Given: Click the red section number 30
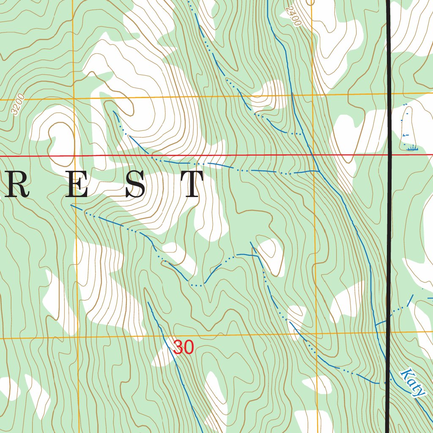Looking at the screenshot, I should click(x=184, y=348).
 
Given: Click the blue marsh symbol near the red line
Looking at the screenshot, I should click(x=411, y=148).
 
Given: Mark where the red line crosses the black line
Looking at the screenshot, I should click(x=389, y=155).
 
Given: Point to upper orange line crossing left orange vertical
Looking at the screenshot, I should click(x=73, y=98).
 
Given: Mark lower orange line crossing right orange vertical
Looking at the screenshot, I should click(x=316, y=334).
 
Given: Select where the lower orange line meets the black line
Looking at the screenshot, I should click(x=388, y=333).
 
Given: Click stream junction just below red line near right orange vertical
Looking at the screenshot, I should click(x=318, y=171).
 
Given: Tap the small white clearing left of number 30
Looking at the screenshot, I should click(x=161, y=357).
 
